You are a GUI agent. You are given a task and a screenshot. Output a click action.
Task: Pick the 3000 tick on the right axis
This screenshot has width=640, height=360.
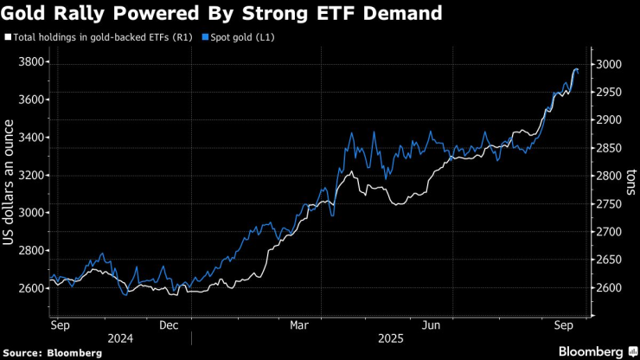point(605,64)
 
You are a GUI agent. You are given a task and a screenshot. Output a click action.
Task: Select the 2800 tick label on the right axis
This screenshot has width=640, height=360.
point(605,176)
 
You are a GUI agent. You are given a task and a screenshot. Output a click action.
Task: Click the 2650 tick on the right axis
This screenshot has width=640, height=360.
point(605,260)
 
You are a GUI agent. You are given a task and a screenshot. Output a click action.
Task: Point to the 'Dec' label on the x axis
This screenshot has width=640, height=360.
point(170,325)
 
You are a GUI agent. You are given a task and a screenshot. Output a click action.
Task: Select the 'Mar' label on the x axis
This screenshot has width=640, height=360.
point(298,325)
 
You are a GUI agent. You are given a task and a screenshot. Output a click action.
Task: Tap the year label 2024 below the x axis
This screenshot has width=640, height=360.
point(122,339)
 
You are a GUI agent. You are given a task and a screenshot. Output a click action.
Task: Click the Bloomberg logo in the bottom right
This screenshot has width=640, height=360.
point(592,351)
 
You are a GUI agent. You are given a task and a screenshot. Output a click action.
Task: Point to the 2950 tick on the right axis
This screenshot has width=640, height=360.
point(605,92)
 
